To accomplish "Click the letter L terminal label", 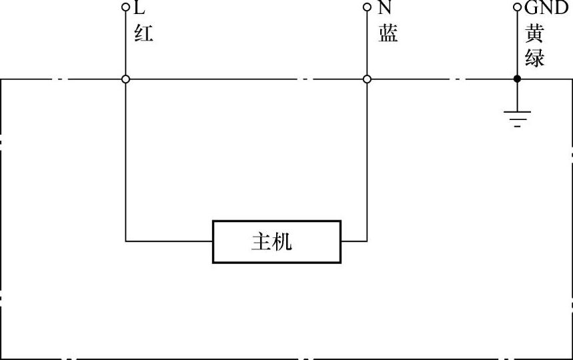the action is [x=139, y=8].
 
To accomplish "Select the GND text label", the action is [x=546, y=8].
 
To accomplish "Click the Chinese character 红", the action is [x=143, y=33].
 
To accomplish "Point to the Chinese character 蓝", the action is [x=388, y=33].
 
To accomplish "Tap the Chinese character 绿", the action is [x=535, y=57].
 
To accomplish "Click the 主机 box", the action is [x=276, y=241].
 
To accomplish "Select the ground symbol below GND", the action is [x=517, y=118].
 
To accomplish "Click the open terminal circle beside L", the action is [x=125, y=7].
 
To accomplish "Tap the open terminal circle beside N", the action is [x=366, y=7].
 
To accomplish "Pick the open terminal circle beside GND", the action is [x=517, y=7].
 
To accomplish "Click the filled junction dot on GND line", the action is [x=517, y=79].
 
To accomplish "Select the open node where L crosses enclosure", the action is [x=125, y=79].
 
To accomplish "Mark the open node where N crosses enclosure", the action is [x=366, y=79].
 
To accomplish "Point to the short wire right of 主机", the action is [x=354, y=241].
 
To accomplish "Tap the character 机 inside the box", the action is [x=283, y=241].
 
